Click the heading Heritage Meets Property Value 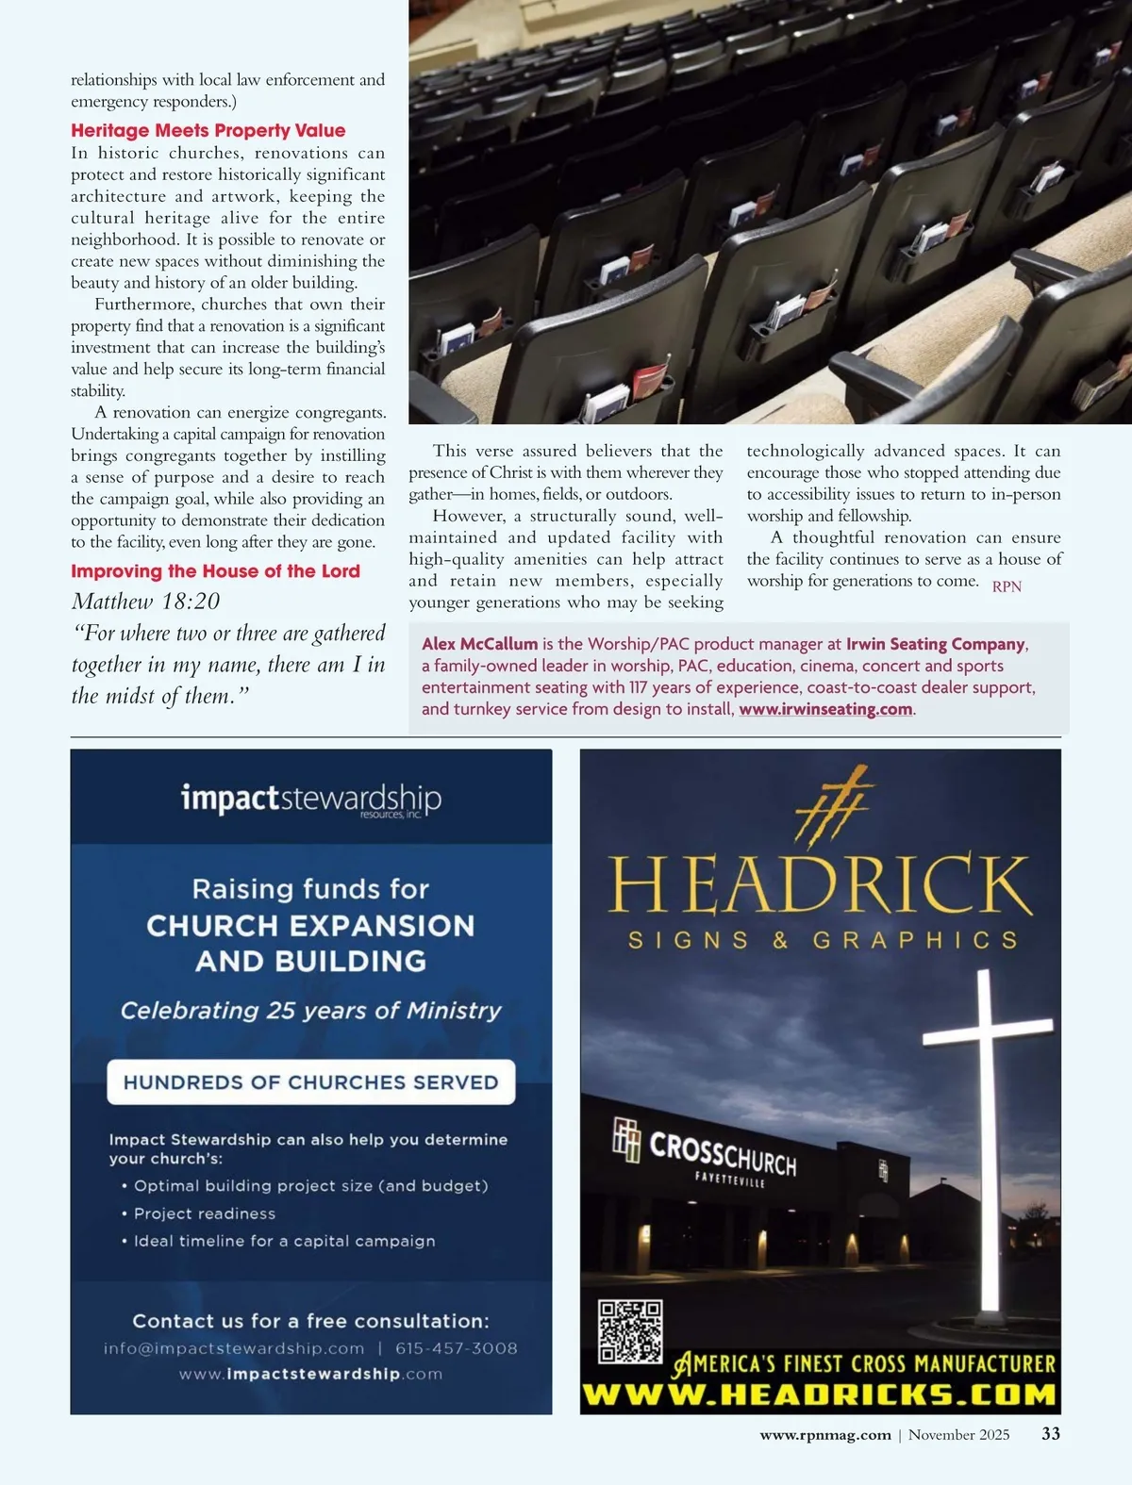point(208,130)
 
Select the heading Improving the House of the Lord point(215,570)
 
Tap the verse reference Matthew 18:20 point(145,602)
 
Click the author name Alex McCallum point(479,644)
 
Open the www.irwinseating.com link point(825,709)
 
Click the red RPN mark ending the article point(1007,586)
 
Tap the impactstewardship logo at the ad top point(310,799)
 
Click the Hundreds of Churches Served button point(310,1081)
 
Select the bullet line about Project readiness point(205,1213)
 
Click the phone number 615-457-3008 point(457,1348)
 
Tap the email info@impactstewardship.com point(234,1348)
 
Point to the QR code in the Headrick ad point(630,1331)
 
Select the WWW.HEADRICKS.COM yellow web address point(819,1394)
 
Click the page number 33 point(1050,1434)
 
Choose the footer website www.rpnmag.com point(825,1435)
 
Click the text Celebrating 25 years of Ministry point(310,1011)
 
